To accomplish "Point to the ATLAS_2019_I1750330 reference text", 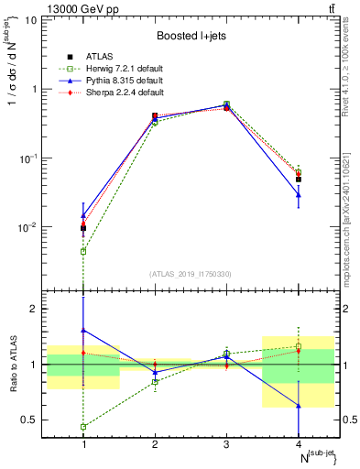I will (191, 273).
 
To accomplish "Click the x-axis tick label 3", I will (226, 443).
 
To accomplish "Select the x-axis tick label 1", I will (83, 443).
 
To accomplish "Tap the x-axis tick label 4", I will (298, 443).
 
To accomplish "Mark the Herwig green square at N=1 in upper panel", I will (83, 251).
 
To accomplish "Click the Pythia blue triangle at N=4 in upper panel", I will (298, 194).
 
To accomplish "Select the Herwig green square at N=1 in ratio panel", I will (83, 427).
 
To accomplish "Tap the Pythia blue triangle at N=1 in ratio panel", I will (83, 330).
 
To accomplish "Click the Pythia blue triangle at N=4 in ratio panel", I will (298, 405).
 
